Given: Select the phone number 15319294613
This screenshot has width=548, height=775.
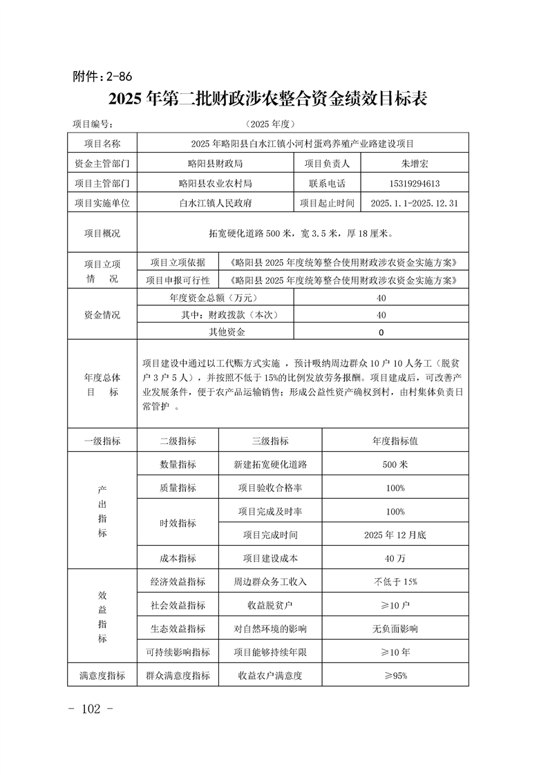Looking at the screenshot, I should click(x=415, y=184).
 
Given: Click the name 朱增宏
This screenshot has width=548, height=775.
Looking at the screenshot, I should click(x=415, y=164).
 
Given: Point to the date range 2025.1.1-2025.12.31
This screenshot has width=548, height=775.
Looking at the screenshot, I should click(x=415, y=204).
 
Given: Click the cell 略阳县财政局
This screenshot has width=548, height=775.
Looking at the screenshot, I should click(x=215, y=164).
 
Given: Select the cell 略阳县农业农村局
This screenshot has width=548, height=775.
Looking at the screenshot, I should click(x=215, y=184).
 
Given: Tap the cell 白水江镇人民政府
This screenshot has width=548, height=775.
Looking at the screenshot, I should click(x=215, y=204).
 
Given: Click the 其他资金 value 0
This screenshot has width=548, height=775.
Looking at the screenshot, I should click(x=381, y=332).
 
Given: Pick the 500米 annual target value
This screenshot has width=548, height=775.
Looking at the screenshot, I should click(x=395, y=465).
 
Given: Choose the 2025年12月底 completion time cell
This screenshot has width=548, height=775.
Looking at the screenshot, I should click(x=395, y=535).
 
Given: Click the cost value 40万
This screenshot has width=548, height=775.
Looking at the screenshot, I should click(x=395, y=558).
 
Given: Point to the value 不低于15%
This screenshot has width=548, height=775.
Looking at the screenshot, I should click(x=395, y=582).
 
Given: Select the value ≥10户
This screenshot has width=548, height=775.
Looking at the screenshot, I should click(x=395, y=605).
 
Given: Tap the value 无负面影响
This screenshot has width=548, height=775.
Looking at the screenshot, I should click(x=395, y=629).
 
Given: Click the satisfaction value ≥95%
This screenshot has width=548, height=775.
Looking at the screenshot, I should click(x=395, y=676).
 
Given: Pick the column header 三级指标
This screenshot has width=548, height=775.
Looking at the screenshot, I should click(x=270, y=441).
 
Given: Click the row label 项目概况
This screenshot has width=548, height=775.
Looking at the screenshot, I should click(x=102, y=233).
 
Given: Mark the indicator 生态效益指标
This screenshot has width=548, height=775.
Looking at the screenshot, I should click(x=178, y=629).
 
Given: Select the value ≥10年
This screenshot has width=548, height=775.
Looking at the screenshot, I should click(x=395, y=652).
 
